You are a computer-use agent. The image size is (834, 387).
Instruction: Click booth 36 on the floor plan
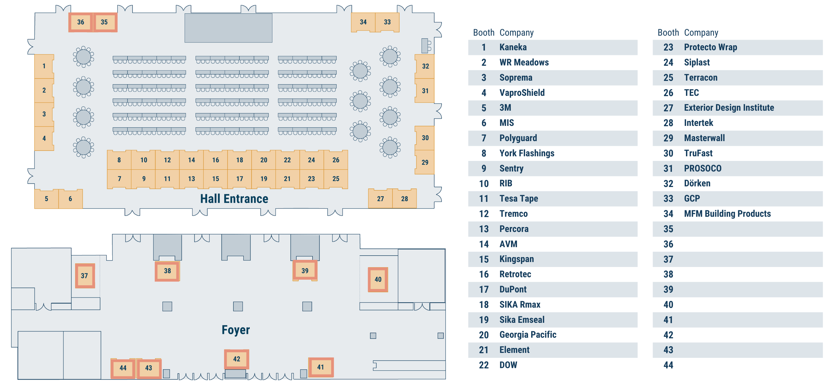[x=81, y=22]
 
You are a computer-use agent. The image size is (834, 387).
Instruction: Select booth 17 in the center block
[x=240, y=179]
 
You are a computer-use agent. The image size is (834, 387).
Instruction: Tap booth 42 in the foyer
[x=237, y=359]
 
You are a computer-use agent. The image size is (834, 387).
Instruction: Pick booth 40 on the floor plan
[x=378, y=280]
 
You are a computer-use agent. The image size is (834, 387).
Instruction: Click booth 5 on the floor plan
[x=46, y=199]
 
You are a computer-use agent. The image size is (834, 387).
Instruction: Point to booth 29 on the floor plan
[x=425, y=162]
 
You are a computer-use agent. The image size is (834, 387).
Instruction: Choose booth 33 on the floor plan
[x=387, y=22]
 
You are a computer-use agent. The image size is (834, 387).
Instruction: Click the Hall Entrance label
[x=234, y=199]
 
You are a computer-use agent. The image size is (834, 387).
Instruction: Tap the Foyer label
[x=236, y=330]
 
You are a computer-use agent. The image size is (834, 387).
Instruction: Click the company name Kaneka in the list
[x=513, y=47]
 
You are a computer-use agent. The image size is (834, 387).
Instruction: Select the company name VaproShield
[x=522, y=93]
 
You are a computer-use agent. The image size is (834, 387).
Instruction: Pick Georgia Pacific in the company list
[x=528, y=335]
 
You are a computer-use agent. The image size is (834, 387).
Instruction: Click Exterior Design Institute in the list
[x=729, y=108]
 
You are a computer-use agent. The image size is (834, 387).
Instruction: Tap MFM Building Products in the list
[x=727, y=214]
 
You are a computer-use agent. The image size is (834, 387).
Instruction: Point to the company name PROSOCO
[x=702, y=168]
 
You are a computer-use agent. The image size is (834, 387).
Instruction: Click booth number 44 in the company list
[x=668, y=365]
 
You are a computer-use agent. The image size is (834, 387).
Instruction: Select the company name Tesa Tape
[x=519, y=198]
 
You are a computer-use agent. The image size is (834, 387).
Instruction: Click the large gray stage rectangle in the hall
[x=228, y=28]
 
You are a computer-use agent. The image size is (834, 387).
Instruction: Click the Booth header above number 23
[x=668, y=33]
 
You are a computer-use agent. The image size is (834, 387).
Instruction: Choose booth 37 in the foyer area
[x=84, y=276]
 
